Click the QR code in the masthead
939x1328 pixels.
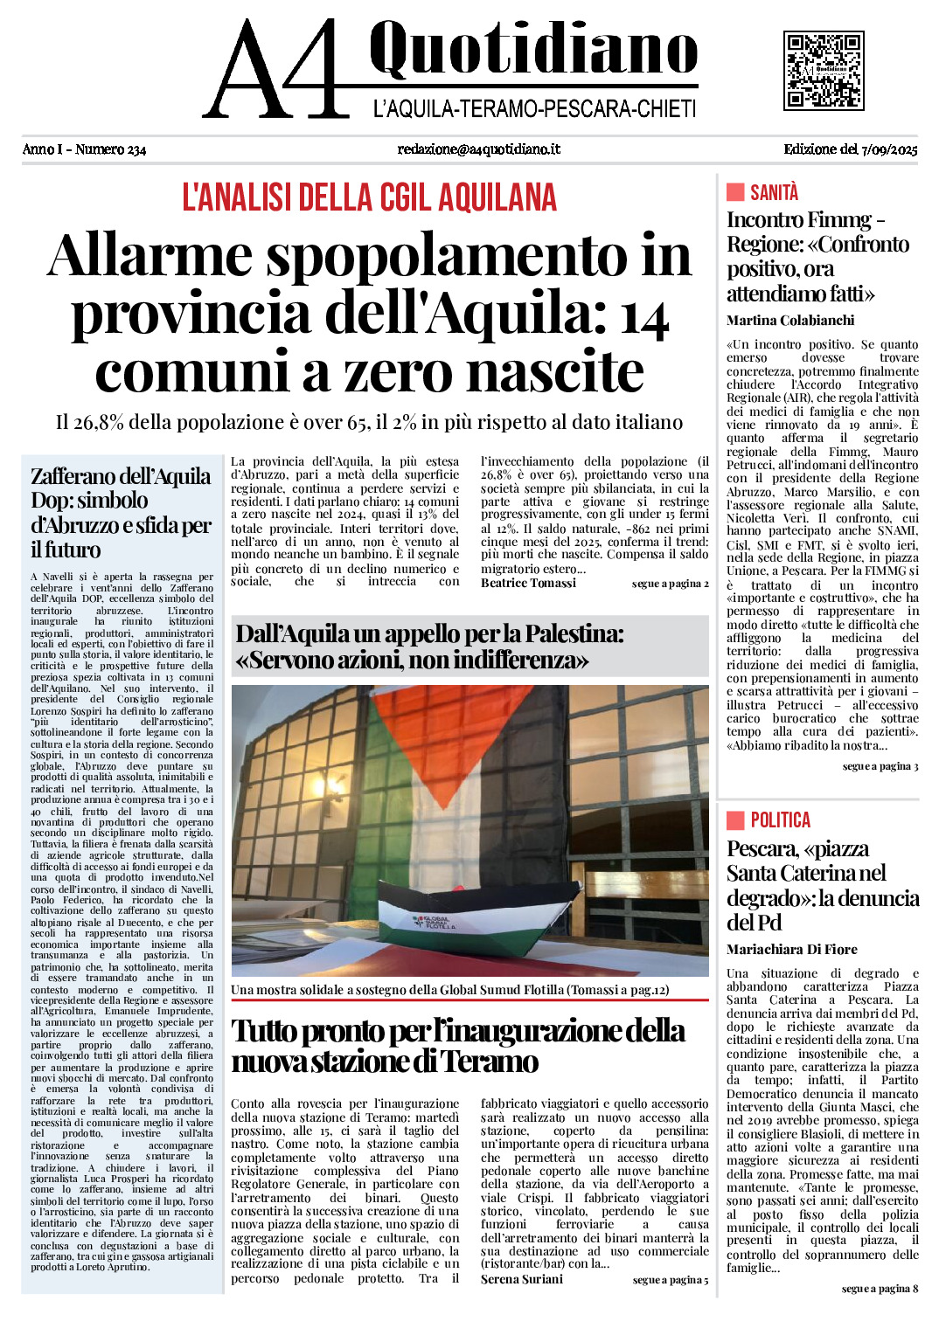point(823,71)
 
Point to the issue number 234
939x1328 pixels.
point(136,149)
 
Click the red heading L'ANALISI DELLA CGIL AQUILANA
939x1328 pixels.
point(369,197)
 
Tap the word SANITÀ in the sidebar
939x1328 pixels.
point(774,192)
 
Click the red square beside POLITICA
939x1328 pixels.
point(735,820)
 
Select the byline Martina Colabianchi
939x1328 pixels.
point(790,321)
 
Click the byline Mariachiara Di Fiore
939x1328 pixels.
point(792,950)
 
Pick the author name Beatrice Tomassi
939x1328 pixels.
point(528,583)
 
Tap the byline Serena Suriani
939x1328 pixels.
point(522,1279)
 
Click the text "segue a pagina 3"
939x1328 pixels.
point(880,766)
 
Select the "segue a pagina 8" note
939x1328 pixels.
point(880,1289)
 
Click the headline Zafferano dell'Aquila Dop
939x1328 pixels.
point(121,512)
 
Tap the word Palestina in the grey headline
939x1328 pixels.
point(575,633)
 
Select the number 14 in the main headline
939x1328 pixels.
point(644,316)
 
